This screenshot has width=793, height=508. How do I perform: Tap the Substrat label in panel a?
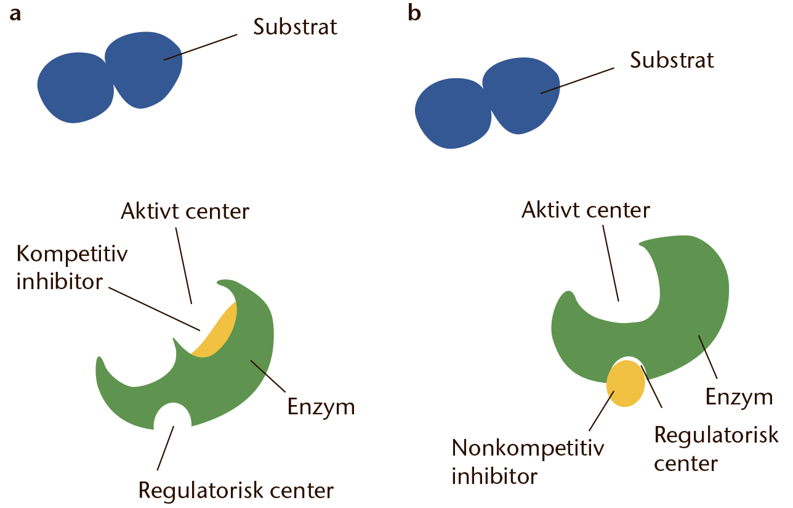coord(296,28)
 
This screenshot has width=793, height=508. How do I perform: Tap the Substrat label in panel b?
coord(672,60)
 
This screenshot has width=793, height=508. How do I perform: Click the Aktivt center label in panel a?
coord(185,211)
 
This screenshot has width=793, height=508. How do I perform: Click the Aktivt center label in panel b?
coord(586,210)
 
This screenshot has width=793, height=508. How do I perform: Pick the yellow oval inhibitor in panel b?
coord(626,383)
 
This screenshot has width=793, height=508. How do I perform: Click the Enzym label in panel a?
coord(321,407)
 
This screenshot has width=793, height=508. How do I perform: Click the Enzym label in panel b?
coord(739,397)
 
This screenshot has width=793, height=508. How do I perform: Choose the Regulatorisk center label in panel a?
coord(236,491)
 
